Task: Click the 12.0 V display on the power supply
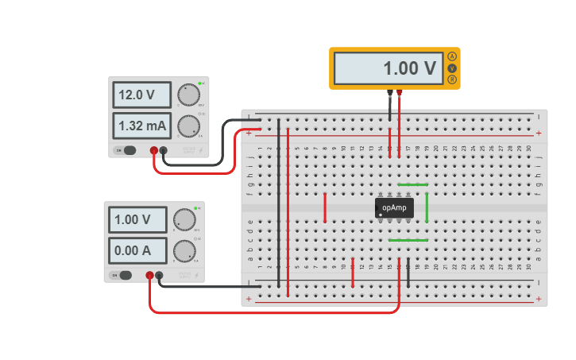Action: point(141,95)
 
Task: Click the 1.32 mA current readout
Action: point(141,126)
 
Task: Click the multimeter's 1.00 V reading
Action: point(389,68)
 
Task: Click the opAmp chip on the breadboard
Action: point(394,207)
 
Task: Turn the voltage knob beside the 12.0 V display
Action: point(188,95)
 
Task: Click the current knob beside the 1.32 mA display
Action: point(188,126)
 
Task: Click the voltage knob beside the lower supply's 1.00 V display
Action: point(184,219)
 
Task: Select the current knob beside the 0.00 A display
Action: point(184,250)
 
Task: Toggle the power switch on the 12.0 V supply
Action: point(127,150)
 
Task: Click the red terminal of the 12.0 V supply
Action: point(153,150)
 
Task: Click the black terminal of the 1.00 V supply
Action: point(159,275)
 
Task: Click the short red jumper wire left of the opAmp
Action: point(325,207)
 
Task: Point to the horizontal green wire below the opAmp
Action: point(408,240)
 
